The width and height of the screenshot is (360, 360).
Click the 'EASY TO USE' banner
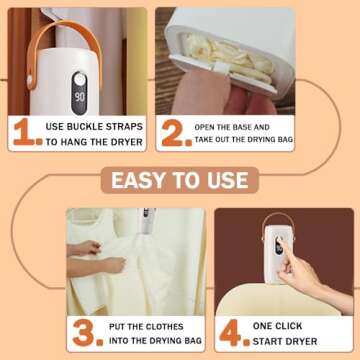point(179,181)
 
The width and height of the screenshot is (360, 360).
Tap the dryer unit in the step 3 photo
point(147,225)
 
